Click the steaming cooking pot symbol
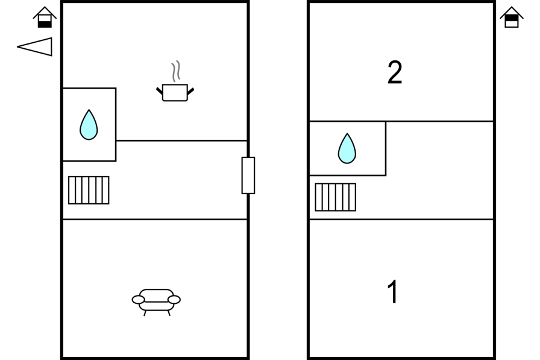click(175, 92)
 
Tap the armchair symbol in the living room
click(156, 300)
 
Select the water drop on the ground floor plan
click(89, 125)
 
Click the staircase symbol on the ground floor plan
click(89, 190)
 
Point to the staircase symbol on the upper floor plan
click(335, 197)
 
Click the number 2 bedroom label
click(395, 73)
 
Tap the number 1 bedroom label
click(392, 292)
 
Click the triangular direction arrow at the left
click(36, 46)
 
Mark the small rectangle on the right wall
click(248, 175)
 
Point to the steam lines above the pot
click(175, 72)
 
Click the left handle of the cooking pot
click(160, 91)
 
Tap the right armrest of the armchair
click(174, 300)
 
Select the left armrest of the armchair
click(139, 300)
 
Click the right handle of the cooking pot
click(190, 91)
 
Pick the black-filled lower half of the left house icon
click(45, 24)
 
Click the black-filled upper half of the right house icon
click(512, 17)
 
